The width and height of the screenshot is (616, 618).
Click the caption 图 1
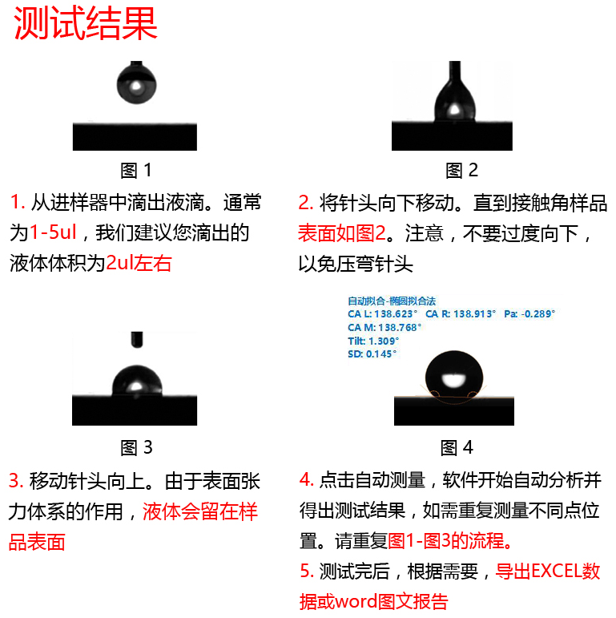135,170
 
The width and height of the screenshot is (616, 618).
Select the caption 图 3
136,447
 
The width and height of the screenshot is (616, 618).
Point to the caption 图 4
457,447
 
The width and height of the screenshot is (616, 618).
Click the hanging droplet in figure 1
135,83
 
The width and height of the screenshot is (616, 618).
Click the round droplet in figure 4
454,375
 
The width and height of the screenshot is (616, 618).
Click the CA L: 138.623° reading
383,314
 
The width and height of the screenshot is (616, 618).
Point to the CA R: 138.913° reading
461,314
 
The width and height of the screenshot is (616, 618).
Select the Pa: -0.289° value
529,314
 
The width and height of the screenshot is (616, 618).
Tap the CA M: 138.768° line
384,327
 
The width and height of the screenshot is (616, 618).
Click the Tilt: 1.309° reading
373,341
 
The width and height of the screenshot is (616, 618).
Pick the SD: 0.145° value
372,353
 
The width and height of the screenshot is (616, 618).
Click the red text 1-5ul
53,233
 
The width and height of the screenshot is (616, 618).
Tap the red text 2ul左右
139,263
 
